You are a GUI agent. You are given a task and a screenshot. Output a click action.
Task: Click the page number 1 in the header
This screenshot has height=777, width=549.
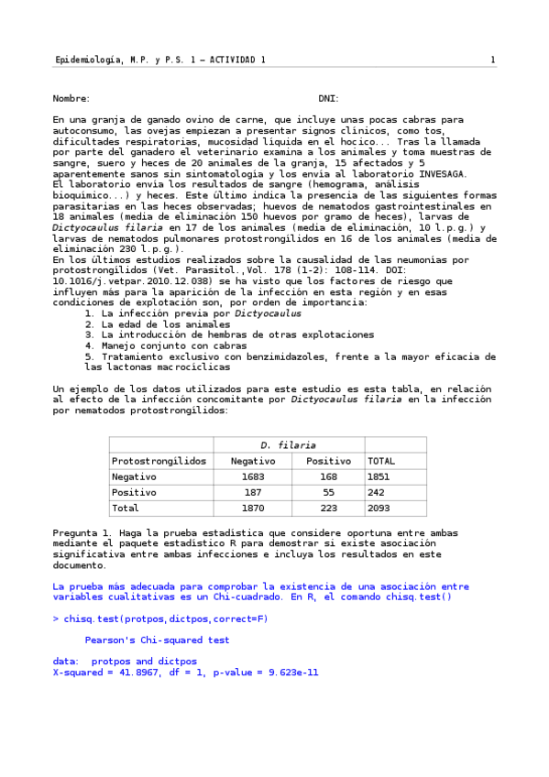[x=492, y=60]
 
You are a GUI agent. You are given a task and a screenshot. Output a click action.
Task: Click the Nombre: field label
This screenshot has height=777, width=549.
[x=71, y=98]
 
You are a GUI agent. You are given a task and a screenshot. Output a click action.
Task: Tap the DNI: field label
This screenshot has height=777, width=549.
[x=328, y=98]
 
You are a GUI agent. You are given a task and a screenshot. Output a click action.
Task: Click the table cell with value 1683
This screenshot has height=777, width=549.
[x=252, y=476]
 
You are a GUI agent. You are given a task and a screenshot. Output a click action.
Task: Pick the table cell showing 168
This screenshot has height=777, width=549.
[x=327, y=476]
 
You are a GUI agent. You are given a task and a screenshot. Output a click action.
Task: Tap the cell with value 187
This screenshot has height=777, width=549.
[x=252, y=492]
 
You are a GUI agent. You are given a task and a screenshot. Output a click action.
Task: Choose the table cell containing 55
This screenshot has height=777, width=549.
[x=327, y=492]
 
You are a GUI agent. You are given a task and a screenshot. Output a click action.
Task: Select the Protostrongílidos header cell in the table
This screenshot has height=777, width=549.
[x=159, y=461]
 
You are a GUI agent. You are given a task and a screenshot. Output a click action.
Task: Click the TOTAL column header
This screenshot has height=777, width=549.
[x=381, y=461]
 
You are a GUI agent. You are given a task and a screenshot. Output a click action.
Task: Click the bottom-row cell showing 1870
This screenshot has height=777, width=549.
[x=252, y=508]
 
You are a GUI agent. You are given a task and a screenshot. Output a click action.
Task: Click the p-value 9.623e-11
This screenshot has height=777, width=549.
[x=275, y=673]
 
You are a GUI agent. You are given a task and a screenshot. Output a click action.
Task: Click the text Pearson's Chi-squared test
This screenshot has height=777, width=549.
[x=157, y=640]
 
